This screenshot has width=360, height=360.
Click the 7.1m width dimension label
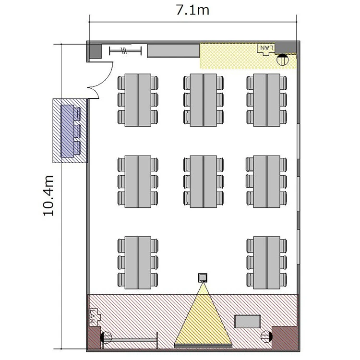[192, 11]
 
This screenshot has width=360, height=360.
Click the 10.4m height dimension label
[48, 196]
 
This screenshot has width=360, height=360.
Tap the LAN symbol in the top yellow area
[266, 49]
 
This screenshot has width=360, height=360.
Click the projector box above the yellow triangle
[203, 278]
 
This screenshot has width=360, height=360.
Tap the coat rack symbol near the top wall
[125, 51]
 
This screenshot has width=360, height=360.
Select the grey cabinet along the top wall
[173, 51]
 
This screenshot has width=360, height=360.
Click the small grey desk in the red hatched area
[247, 322]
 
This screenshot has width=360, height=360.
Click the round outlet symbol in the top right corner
[282, 60]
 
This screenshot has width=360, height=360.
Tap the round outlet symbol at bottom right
[266, 336]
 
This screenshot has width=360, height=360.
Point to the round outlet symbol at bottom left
[106, 337]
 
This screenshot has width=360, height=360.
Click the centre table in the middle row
[204, 181]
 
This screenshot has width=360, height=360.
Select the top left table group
[138, 100]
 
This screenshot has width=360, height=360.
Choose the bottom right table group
[266, 263]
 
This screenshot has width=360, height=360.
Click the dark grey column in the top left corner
[96, 51]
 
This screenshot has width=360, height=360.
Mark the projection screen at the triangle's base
[203, 346]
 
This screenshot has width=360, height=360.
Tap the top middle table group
[204, 100]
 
